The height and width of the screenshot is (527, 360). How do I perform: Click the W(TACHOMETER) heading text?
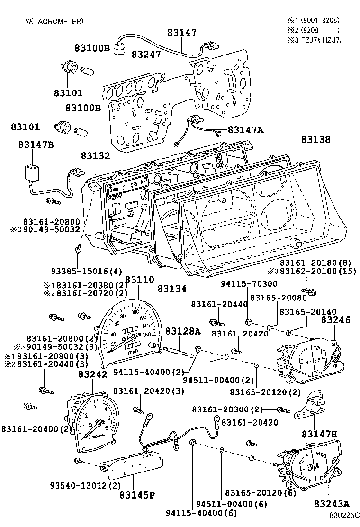tap(54, 21)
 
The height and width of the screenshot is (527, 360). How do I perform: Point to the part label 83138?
tap(315, 139)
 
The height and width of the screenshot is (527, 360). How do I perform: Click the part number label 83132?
tap(95, 155)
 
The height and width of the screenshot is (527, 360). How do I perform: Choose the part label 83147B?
tap(36, 145)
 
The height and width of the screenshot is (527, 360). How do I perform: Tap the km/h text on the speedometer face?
tap(133, 352)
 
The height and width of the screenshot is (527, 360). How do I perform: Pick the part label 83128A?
tap(183, 331)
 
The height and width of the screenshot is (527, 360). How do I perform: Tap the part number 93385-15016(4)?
tap(87, 271)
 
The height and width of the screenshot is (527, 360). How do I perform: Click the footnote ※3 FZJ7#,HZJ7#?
tap(315, 39)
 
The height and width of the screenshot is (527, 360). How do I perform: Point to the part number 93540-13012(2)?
tap(85, 486)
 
